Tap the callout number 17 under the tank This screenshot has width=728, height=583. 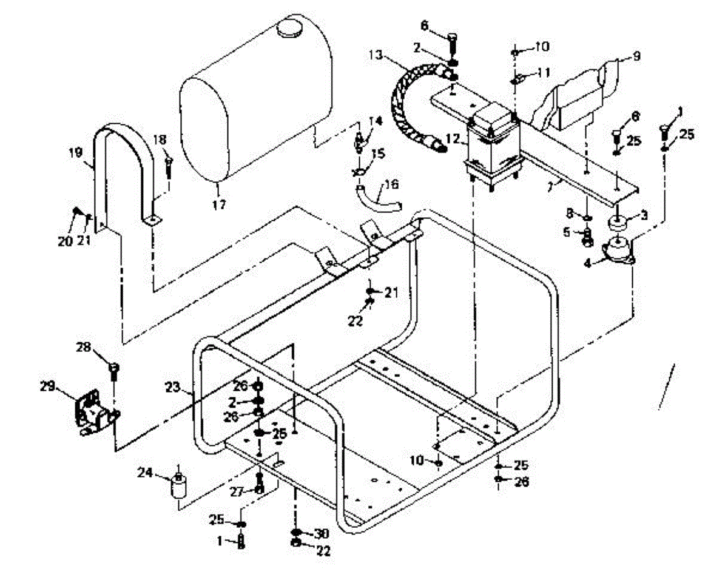[x=219, y=205]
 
